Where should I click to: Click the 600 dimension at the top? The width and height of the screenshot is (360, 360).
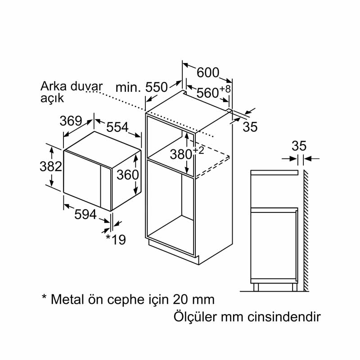208,72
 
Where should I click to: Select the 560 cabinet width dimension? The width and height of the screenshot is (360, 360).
207,93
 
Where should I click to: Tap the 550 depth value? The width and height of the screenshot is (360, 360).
157,87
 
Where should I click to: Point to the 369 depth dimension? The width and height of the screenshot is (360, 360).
71,121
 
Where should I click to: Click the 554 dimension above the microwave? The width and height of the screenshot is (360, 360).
117,127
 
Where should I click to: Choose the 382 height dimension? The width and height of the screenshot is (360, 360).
51,166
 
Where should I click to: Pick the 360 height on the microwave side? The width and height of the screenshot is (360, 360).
128,175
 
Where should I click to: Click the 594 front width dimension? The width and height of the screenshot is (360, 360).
85,215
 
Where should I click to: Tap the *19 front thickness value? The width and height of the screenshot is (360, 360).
116,239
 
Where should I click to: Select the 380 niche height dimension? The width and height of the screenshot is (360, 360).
181,154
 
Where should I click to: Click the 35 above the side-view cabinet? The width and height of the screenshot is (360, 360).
299,146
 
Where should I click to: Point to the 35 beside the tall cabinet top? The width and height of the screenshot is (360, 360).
250,127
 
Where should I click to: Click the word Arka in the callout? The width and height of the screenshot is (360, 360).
54,86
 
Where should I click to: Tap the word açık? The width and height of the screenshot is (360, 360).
52,98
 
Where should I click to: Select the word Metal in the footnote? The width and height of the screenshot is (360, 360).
67,299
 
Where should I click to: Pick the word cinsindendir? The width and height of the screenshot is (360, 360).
284,317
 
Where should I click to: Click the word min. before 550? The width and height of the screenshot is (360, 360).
128,87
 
